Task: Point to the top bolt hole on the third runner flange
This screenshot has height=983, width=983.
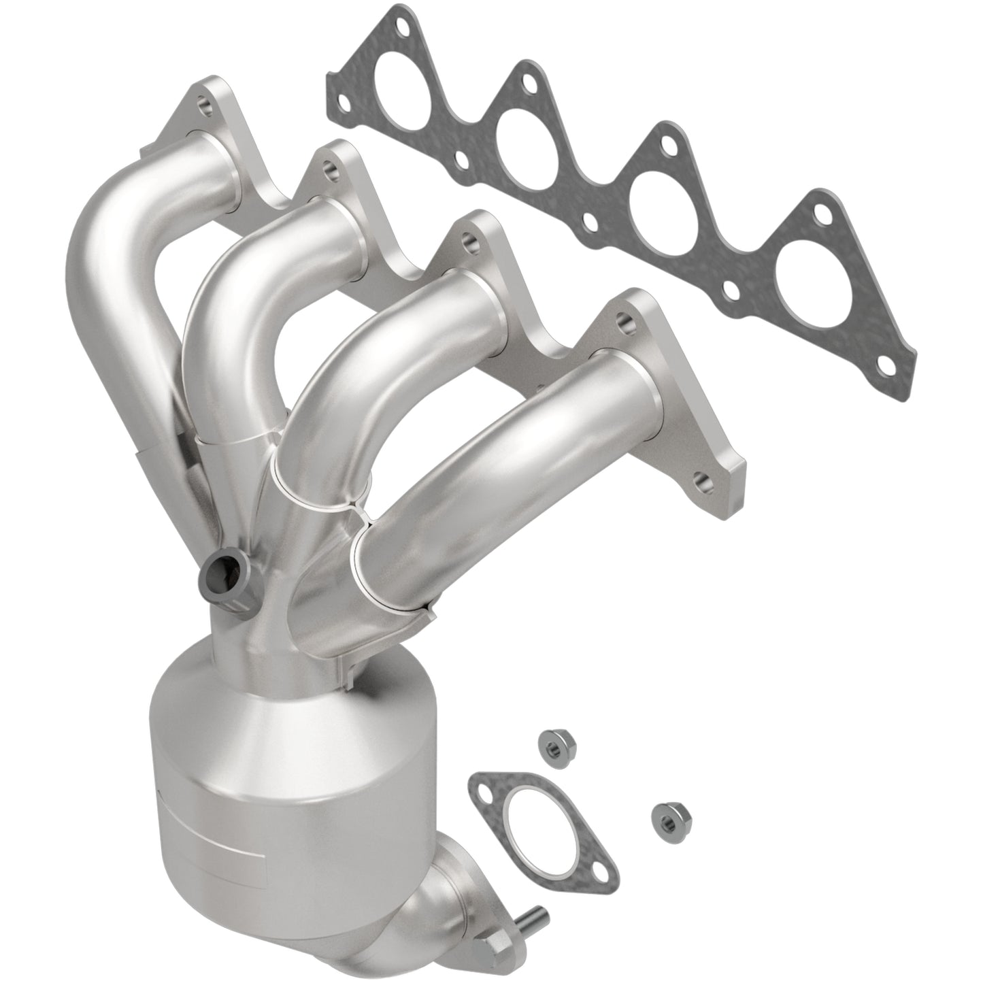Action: [x=469, y=239]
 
